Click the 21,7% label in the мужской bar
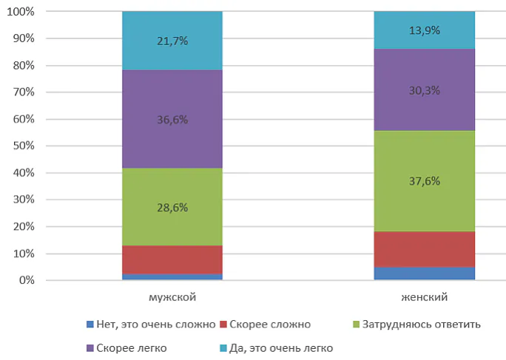(172, 41)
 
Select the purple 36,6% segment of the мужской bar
(172, 119)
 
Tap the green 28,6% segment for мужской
(172, 207)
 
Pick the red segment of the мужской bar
(172, 259)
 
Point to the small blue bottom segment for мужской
(172, 277)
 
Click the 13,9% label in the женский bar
(424, 30)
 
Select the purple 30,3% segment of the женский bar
(424, 90)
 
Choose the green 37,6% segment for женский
(424, 181)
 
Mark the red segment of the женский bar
(424, 249)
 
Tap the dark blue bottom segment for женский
(424, 274)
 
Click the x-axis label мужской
(172, 297)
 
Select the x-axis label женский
(424, 297)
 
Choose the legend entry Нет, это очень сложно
(150, 325)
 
